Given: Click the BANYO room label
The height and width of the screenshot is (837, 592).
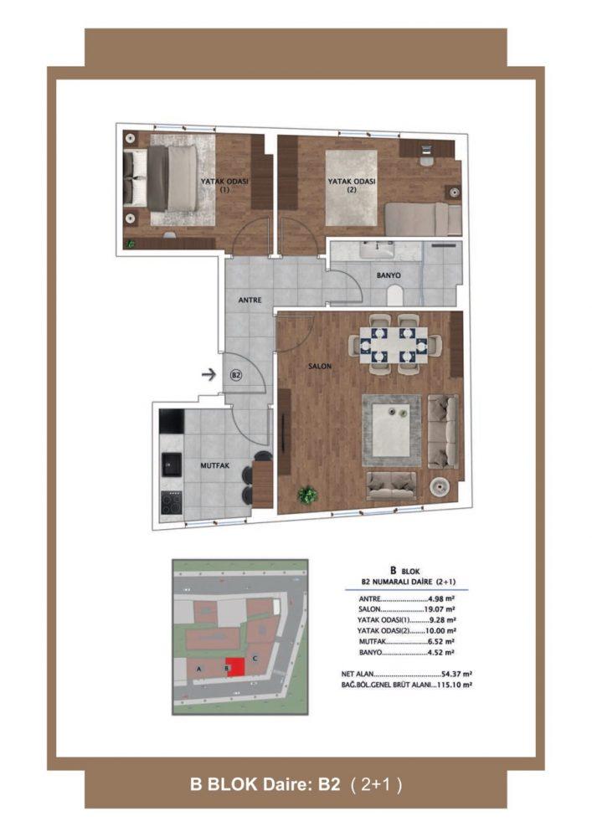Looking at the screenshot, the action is (x=389, y=275).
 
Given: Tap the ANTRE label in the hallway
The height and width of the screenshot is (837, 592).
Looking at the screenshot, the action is (x=250, y=300).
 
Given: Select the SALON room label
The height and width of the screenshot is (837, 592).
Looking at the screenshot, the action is (x=320, y=367).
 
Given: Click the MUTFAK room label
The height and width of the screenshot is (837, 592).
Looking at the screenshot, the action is (x=214, y=465).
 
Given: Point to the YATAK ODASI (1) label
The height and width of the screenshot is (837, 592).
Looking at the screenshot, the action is (x=224, y=185).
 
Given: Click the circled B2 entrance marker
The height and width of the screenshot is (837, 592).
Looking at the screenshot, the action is (x=236, y=375).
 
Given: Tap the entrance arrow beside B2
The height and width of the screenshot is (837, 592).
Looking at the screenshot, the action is (x=208, y=375).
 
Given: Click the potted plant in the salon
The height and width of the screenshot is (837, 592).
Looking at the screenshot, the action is (x=307, y=495).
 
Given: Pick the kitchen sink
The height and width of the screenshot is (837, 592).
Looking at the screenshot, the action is (x=172, y=464).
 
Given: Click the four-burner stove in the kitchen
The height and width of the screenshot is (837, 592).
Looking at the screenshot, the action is (x=172, y=502).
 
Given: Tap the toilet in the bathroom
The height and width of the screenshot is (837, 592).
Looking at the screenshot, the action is (x=394, y=295).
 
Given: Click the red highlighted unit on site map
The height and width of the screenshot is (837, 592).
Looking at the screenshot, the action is (x=236, y=667).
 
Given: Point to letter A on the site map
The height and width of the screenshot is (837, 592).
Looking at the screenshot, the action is (x=199, y=668).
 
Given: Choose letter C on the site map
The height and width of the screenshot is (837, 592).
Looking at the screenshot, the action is (x=255, y=658).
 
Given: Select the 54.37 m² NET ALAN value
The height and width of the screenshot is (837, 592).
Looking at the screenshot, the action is (x=456, y=674).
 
